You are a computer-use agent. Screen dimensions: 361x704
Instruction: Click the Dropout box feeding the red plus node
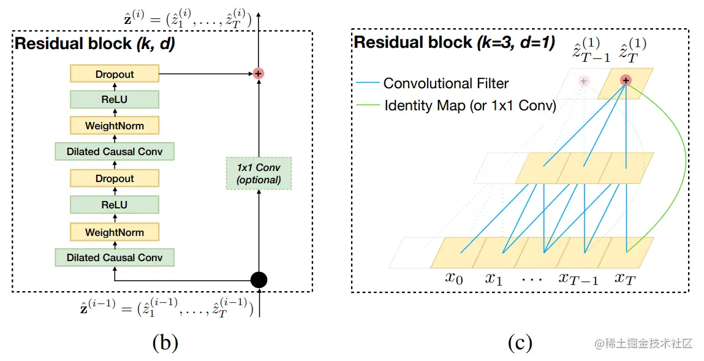[115, 74]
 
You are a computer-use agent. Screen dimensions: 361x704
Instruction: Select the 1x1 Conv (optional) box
[259, 173]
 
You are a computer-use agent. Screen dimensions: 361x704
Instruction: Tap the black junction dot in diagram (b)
[259, 280]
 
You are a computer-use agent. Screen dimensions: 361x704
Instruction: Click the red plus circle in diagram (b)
[259, 74]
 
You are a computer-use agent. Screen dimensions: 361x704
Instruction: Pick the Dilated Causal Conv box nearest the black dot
[115, 257]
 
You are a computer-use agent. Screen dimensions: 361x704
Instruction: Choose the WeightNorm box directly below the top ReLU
[115, 126]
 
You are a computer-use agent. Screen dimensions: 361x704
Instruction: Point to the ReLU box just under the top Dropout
[115, 100]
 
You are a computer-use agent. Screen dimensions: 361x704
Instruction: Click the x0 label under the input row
[454, 278]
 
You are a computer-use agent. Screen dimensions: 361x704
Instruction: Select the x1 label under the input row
[494, 278]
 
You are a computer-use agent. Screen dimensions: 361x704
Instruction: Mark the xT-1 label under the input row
[578, 278]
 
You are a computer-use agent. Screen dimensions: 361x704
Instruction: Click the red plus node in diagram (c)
[626, 80]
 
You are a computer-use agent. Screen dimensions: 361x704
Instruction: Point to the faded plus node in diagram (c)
[584, 80]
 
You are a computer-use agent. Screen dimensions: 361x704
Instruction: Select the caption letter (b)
[165, 343]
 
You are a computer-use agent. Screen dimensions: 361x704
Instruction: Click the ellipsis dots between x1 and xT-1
[532, 279]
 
